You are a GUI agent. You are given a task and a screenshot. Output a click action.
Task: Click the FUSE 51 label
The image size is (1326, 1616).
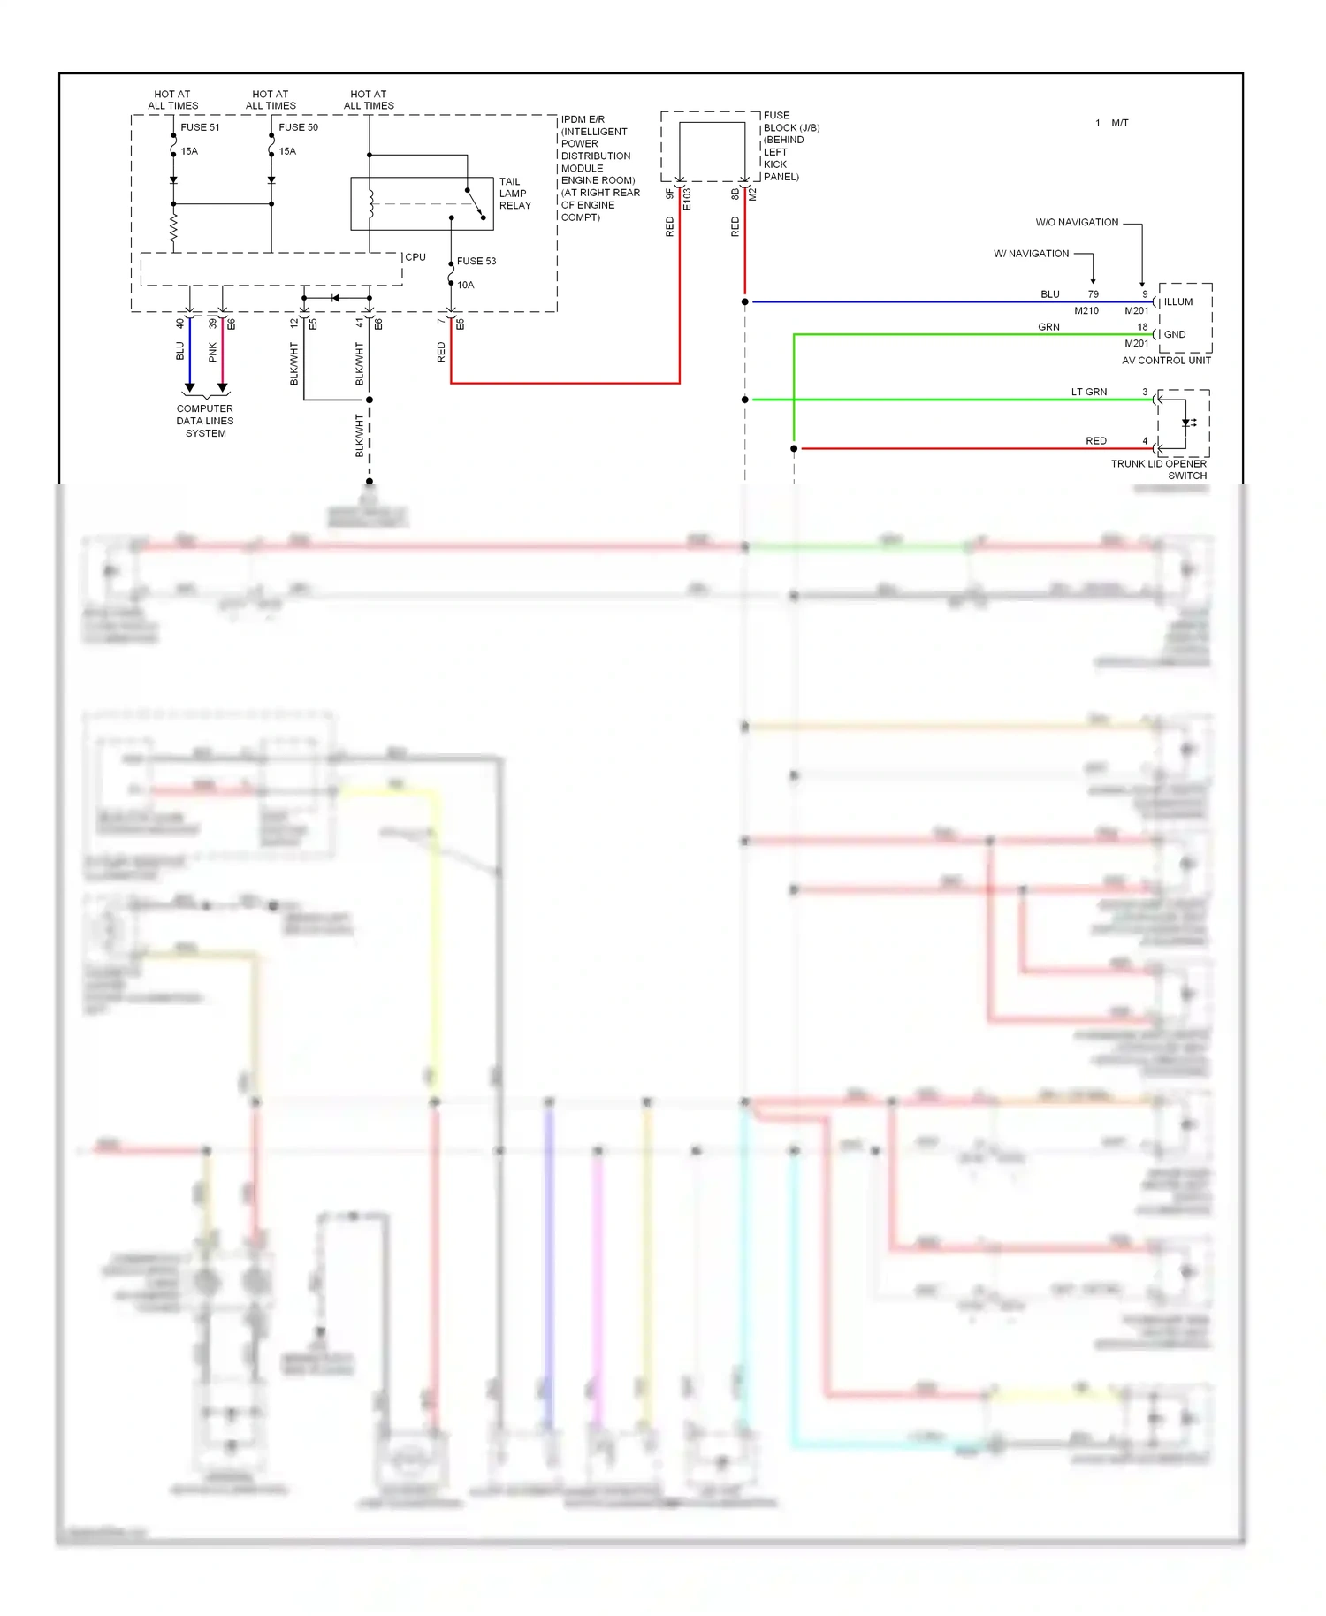(200, 127)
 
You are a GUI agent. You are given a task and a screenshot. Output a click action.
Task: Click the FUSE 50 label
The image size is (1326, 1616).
(298, 127)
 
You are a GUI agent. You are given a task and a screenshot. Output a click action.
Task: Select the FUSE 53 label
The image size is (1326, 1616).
(476, 261)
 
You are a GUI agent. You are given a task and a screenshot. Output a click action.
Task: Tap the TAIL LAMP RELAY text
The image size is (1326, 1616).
(514, 194)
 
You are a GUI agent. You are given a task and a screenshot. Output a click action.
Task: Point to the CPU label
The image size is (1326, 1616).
(415, 257)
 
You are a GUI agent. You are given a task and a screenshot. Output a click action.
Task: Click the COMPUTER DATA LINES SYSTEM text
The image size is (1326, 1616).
(205, 421)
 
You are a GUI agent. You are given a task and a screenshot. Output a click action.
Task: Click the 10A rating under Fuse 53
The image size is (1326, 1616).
(466, 285)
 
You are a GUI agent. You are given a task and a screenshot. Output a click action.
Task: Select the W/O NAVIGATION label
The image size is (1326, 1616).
(1077, 223)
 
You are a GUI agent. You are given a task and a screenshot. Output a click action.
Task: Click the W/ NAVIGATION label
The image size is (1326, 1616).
(1031, 254)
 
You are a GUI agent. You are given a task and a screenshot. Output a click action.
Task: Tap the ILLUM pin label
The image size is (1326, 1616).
(1178, 302)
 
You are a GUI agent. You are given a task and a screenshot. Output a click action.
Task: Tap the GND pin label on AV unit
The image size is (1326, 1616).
(1175, 334)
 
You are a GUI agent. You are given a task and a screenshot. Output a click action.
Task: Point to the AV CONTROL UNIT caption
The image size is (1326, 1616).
(1166, 361)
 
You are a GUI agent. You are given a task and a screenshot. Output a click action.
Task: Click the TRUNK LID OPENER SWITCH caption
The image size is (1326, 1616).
(1160, 469)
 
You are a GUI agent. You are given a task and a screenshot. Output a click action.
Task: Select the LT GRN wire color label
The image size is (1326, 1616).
(1089, 392)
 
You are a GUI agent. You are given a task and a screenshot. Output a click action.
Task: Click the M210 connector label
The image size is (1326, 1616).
(1086, 311)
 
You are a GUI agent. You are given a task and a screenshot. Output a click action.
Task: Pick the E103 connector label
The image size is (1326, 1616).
(687, 199)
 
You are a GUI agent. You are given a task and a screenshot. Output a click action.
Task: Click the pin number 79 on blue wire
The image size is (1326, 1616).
(1094, 294)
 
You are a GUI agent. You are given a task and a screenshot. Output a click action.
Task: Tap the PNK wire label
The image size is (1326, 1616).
(213, 353)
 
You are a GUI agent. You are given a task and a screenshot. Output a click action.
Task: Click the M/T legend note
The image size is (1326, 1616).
(1120, 123)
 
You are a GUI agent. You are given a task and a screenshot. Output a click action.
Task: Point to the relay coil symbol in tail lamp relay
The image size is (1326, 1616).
(371, 204)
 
